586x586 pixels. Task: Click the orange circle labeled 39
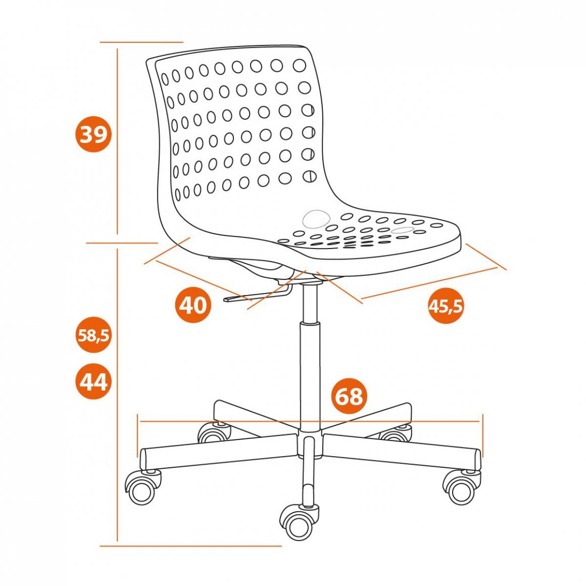pyautogui.click(x=91, y=135)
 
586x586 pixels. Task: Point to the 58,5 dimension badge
pyautogui.click(x=93, y=335)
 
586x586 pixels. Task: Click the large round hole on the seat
pyautogui.click(x=316, y=218)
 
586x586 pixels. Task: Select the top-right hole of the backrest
pyautogui.click(x=299, y=65)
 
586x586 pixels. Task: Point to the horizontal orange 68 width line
pyautogui.click(x=309, y=421)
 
